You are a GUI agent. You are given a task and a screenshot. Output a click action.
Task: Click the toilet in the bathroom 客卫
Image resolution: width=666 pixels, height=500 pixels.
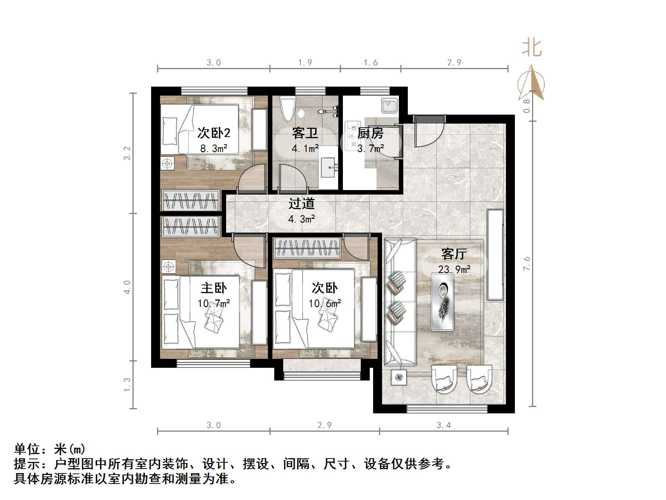click(288, 109)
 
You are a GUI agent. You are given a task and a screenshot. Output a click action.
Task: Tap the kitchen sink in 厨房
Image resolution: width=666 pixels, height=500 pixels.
click(390, 105)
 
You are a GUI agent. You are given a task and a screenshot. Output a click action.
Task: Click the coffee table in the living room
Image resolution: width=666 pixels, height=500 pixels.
click(443, 302)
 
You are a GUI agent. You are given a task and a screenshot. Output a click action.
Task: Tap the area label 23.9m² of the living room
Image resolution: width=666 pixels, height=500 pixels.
click(454, 269)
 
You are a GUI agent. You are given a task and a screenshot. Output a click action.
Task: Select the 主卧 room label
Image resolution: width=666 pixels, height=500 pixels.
click(214, 288)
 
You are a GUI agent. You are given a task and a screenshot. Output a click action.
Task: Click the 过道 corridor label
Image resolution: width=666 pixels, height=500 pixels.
click(301, 204)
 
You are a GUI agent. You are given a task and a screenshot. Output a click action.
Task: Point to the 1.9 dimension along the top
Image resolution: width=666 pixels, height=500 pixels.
click(305, 63)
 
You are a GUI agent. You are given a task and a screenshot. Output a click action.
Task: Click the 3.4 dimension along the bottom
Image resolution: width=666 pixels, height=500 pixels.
click(444, 425)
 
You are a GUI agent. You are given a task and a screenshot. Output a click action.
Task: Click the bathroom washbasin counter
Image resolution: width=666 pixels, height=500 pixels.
click(329, 167)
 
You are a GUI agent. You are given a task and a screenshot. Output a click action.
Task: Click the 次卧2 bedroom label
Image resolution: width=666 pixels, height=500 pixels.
click(214, 133)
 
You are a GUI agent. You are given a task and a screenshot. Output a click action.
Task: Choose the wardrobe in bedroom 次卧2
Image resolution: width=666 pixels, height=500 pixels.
click(190, 201)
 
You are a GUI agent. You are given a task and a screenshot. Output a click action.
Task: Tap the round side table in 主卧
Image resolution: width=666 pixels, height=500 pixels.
click(168, 267)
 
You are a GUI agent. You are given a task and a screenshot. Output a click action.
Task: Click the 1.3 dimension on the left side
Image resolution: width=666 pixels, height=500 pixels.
click(127, 385)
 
